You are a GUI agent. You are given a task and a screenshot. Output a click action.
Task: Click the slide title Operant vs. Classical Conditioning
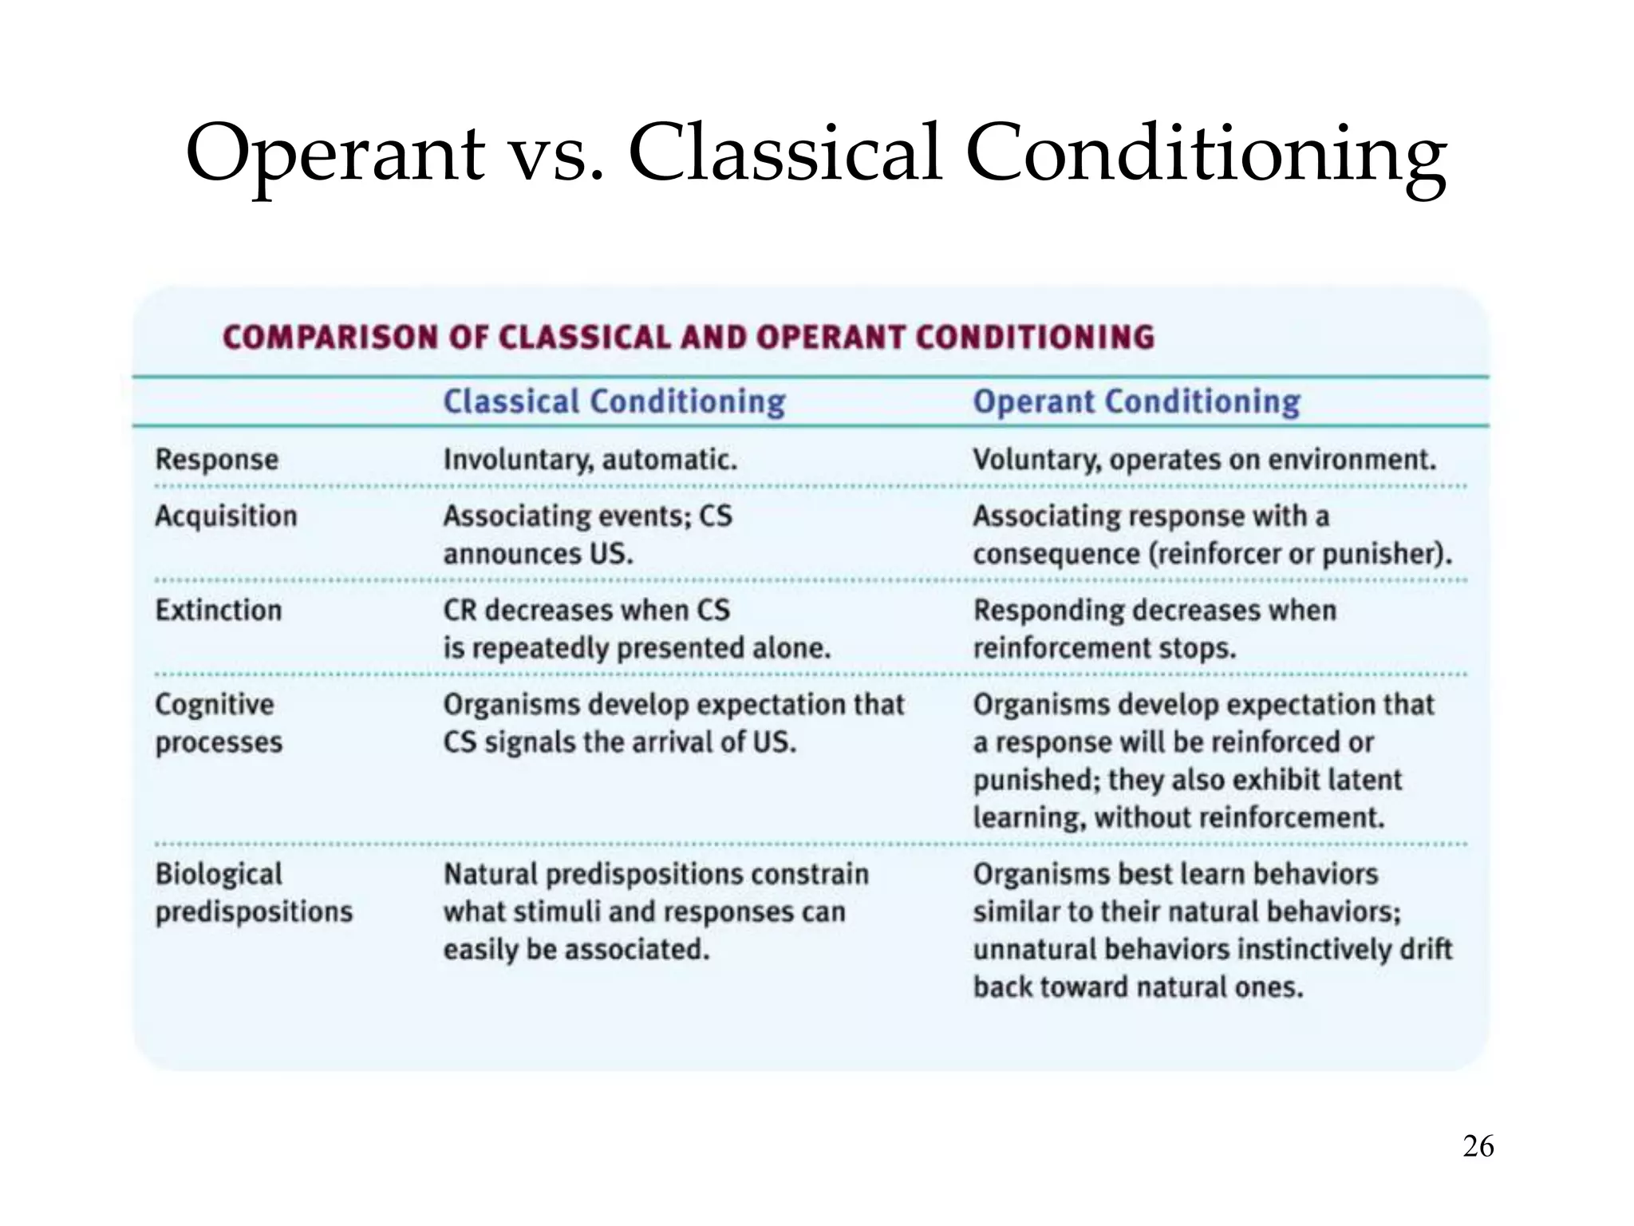[815, 153]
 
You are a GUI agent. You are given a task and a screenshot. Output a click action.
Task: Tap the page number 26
[1478, 1146]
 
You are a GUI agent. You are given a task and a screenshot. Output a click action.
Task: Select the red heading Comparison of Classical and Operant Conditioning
[689, 337]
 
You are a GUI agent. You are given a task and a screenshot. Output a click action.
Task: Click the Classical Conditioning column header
[614, 401]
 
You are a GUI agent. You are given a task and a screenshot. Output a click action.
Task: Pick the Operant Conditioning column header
[1136, 401]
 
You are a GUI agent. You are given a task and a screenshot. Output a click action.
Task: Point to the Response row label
[217, 460]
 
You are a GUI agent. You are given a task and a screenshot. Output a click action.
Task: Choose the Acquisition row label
[226, 516]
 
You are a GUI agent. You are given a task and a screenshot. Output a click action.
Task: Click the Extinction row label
[219, 611]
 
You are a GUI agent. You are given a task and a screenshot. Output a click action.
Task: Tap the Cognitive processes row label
[219, 723]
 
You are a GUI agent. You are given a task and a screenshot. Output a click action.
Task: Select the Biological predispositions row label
[254, 892]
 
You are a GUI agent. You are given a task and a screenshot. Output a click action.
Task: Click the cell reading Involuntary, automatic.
[590, 460]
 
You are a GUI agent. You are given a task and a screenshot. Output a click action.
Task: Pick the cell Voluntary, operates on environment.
[1204, 460]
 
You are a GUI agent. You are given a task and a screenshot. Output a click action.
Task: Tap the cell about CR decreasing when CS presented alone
[637, 629]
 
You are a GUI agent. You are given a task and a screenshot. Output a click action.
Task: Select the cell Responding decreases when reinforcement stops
[1154, 629]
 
